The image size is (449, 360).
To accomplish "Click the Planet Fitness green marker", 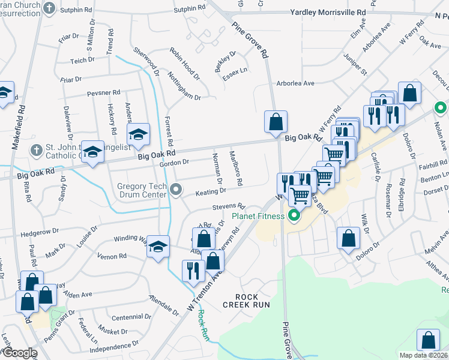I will [x=294, y=215].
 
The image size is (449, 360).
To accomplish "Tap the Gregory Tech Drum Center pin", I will [x=176, y=190].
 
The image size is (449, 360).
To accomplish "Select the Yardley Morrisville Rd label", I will [x=328, y=12].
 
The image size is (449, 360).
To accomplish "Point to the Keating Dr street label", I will [x=210, y=191].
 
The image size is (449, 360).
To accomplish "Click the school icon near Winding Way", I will [x=157, y=247].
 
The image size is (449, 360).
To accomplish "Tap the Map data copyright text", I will [x=423, y=355].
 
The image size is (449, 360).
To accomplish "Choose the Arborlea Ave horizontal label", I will [x=295, y=83].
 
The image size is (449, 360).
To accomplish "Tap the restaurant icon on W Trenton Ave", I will [x=193, y=271].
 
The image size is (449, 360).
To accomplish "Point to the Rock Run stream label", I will [x=204, y=325].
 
